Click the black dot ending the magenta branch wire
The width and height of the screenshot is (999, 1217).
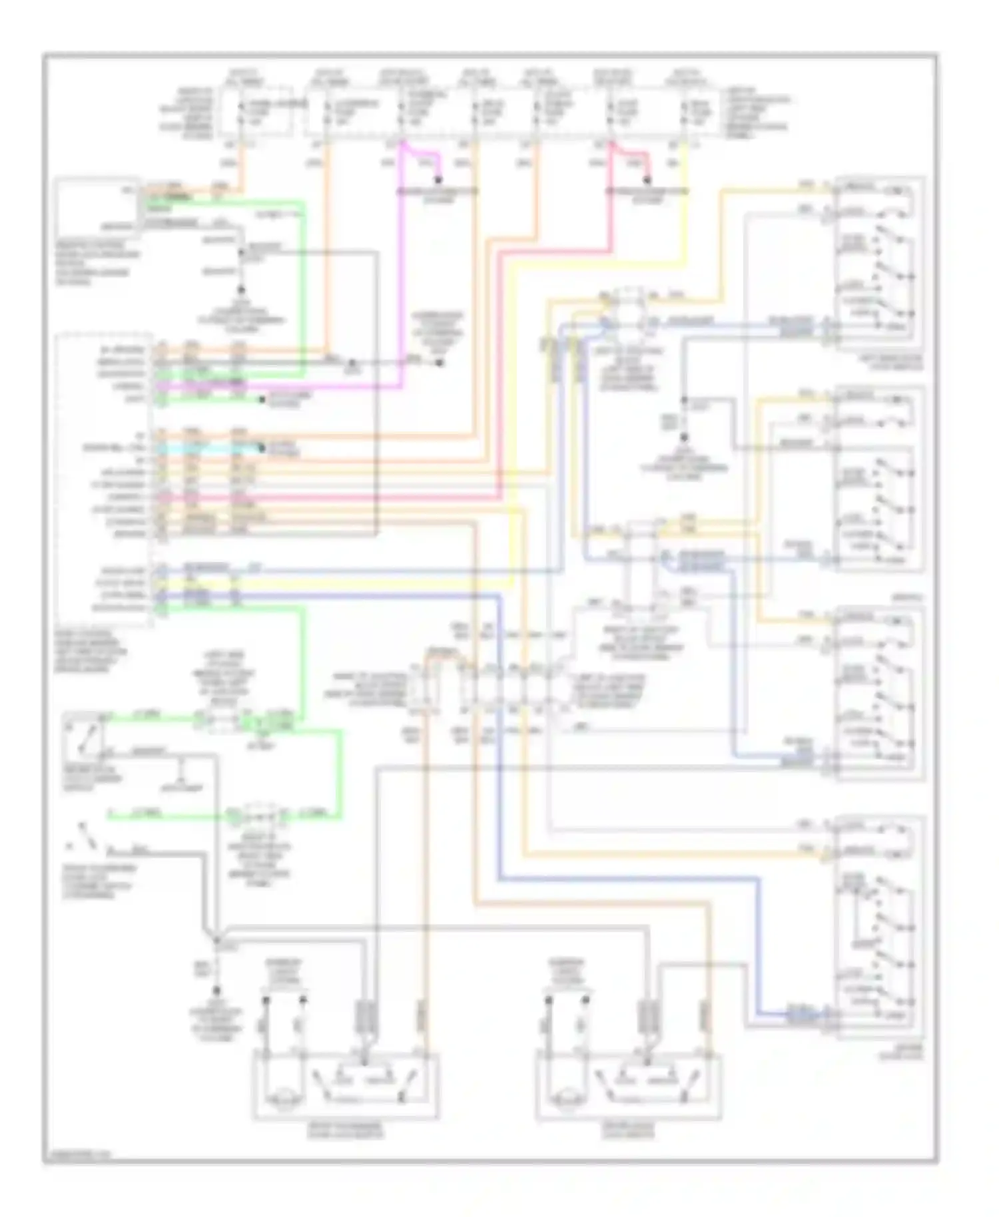tap(438, 180)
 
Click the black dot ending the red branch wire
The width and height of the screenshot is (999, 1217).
tap(646, 180)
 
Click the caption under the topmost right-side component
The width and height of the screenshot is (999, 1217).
tap(880, 362)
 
